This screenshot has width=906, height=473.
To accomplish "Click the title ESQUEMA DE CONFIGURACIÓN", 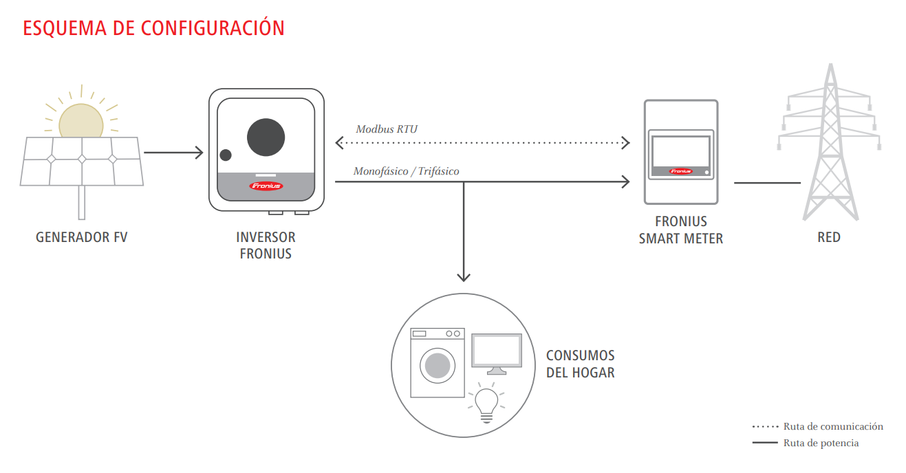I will (153, 28).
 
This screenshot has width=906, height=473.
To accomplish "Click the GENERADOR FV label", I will (81, 238).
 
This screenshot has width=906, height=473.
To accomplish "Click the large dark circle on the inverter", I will (266, 137).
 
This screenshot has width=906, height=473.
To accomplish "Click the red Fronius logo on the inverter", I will (266, 186).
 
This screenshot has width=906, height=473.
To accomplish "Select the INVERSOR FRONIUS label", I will (266, 245).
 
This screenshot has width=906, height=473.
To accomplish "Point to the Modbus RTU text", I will (387, 129).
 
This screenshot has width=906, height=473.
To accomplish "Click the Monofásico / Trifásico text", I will (406, 171).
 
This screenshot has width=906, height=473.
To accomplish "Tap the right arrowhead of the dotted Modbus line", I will (625, 143).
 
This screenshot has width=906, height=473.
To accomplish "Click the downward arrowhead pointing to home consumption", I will (464, 276).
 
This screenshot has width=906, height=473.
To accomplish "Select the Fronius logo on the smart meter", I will (680, 171).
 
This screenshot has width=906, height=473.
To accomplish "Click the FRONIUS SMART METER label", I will (681, 230).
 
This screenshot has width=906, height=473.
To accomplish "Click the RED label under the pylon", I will (829, 238).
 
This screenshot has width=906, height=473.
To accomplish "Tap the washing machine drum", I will (438, 365).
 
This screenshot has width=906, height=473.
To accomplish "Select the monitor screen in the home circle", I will (497, 351).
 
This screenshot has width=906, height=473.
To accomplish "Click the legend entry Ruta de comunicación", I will (832, 427).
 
